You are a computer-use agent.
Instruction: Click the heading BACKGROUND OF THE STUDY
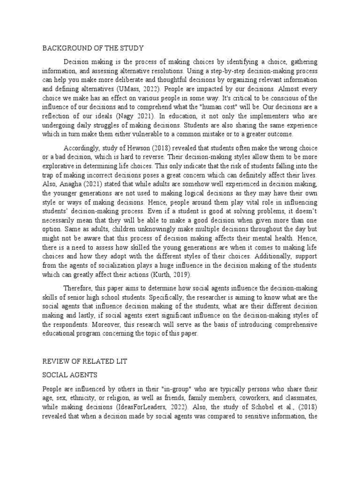[x=93, y=48]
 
